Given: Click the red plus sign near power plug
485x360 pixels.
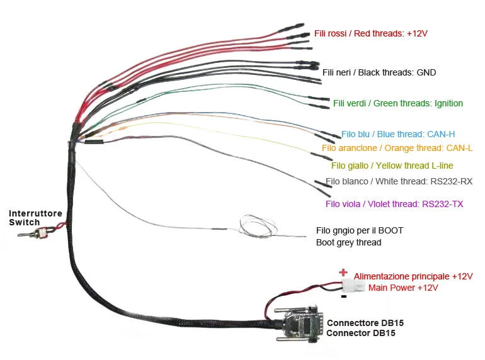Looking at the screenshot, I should coord(343,273).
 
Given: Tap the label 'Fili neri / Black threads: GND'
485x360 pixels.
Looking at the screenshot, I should coord(379,72).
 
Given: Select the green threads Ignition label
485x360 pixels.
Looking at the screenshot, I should coord(398,103).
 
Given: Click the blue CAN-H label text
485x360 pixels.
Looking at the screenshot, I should coord(398,134).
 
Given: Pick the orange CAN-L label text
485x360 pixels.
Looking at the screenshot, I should coord(397,148).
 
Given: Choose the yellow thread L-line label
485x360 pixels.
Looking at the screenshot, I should coord(392,166).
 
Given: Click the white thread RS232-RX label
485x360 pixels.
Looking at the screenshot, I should coord(399,181).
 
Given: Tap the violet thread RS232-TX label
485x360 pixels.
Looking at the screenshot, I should coord(394,204).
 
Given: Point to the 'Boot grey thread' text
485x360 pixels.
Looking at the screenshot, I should coord(348,242).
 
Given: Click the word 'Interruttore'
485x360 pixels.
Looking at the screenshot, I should coord(35,214).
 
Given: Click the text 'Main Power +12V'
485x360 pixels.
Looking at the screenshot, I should coord(403,288).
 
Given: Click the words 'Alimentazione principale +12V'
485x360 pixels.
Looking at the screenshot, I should coord(413,276).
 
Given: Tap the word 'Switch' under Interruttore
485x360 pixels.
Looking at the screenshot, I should coord(25,222).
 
